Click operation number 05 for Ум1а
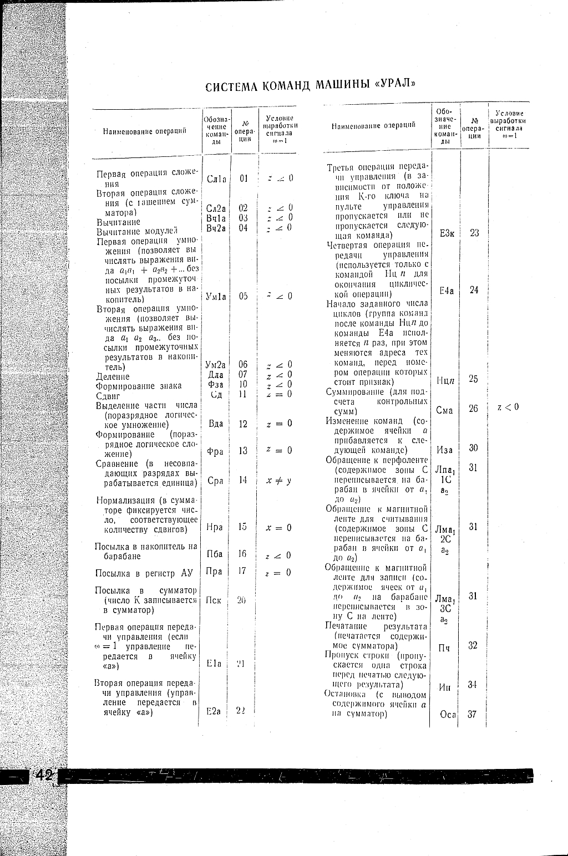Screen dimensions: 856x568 242,296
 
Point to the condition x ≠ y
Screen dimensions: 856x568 278,481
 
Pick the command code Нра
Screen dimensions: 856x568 215,527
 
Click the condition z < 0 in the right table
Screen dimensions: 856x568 508,407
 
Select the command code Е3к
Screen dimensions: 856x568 447,233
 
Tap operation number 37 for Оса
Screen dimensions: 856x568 473,714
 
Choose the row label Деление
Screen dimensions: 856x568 113,377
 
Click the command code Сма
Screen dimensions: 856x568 445,411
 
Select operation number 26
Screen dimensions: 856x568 473,409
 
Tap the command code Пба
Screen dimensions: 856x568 215,554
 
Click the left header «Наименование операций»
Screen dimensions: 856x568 144,131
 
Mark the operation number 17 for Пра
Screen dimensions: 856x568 242,570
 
